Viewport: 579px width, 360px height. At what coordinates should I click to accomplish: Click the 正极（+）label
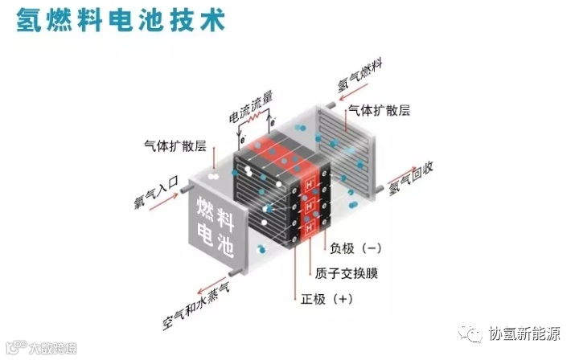click(x=327, y=299)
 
